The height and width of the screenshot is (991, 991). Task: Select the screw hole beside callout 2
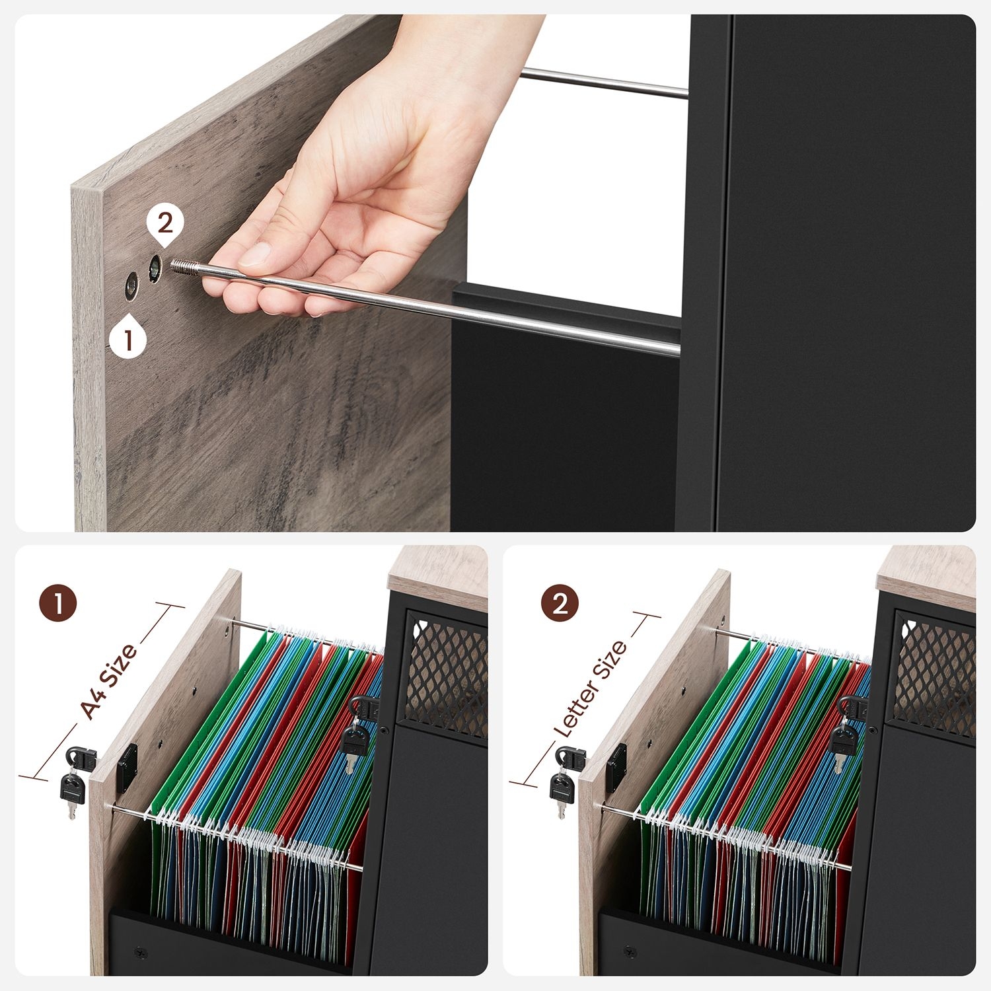[155, 268]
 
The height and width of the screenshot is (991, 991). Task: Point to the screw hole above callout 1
[131, 286]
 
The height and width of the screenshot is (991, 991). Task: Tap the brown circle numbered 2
[560, 603]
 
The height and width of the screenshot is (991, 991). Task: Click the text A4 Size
[109, 680]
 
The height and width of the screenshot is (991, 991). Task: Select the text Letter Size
[590, 688]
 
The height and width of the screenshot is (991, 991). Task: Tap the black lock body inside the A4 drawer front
[128, 768]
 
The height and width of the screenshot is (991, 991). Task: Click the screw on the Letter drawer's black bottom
[628, 951]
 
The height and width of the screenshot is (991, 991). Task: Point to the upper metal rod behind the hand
[604, 84]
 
